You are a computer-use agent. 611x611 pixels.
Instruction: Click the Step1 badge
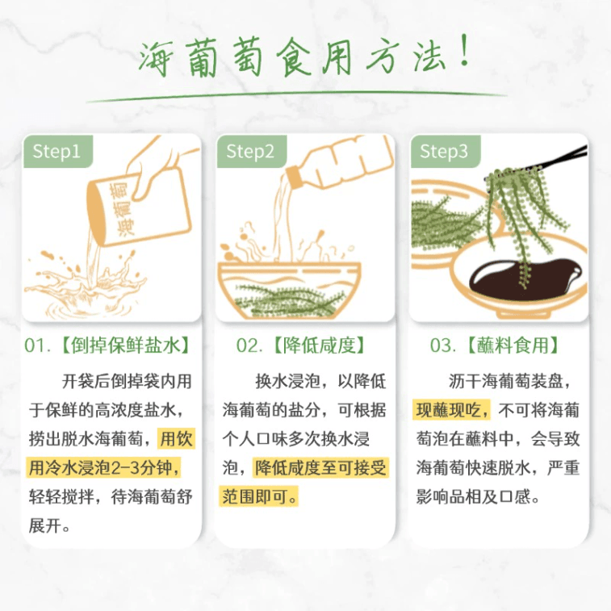coord(56,151)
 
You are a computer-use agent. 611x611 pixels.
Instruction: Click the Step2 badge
coord(250,151)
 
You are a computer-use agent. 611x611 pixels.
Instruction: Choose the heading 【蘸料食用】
coord(513,345)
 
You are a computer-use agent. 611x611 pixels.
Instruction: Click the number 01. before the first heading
coord(38,345)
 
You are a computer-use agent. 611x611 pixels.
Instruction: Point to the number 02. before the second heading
coord(249,345)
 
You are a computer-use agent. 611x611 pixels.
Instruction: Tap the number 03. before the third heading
coord(443,345)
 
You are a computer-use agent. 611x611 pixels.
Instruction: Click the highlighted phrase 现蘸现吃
coord(451,410)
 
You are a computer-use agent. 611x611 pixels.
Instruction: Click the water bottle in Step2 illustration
coord(347,169)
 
